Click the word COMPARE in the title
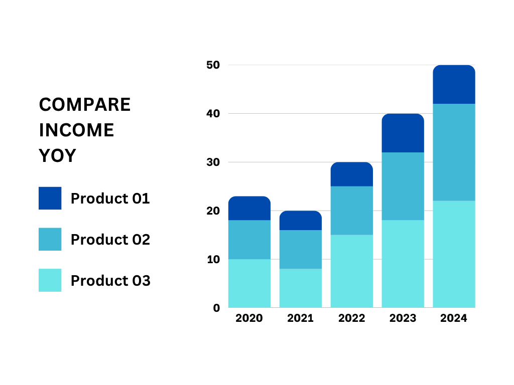[84, 105]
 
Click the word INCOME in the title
[76, 130]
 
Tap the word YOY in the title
[57, 155]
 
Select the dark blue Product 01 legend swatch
[50, 198]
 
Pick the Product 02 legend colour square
[50, 239]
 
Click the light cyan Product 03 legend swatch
[50, 280]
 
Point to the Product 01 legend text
[110, 199]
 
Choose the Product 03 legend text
[110, 281]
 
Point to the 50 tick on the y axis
[213, 65]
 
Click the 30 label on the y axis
[213, 162]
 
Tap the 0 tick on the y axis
[216, 308]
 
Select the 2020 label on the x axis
[249, 318]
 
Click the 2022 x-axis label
[351, 318]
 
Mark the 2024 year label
[454, 318]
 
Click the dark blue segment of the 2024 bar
[454, 84]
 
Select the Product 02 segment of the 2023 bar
[403, 186]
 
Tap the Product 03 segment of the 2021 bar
[301, 288]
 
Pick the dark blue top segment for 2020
[249, 208]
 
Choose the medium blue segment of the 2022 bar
[352, 211]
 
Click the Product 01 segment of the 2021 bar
[301, 221]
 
